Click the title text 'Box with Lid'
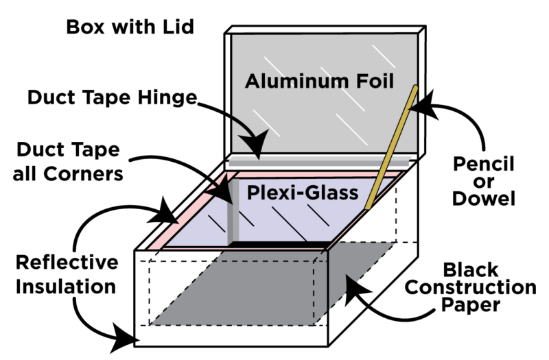click(x=130, y=27)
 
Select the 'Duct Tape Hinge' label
click(x=113, y=98)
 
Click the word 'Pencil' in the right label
click(x=480, y=165)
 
